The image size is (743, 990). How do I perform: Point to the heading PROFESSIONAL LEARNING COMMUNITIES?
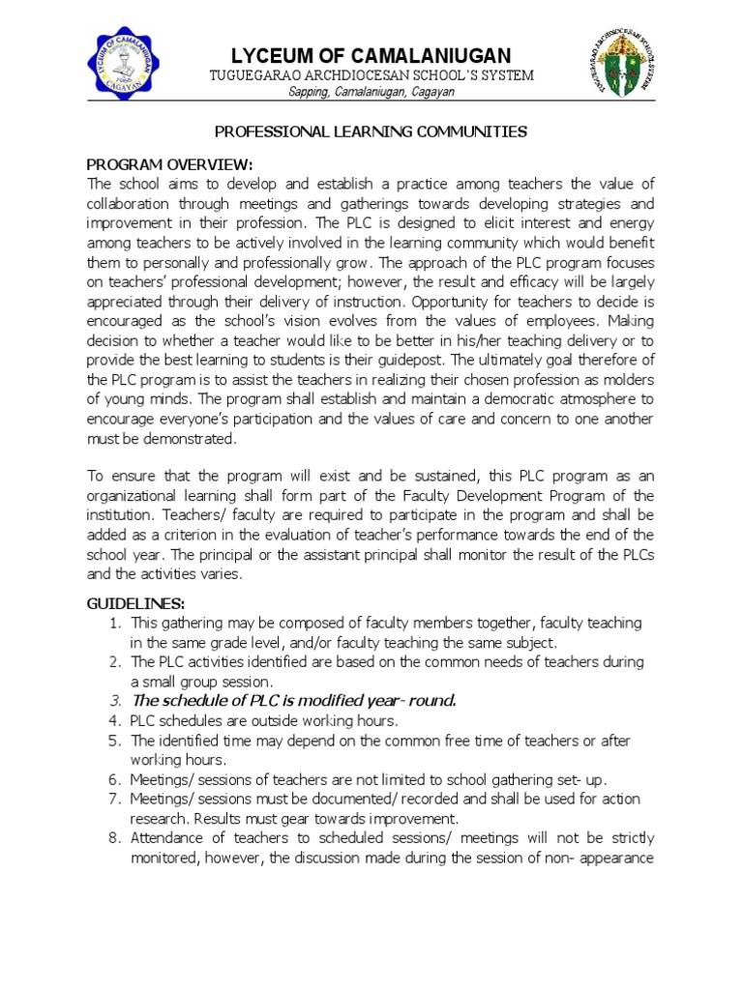[371, 131]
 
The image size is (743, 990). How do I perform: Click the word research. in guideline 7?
[159, 819]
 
